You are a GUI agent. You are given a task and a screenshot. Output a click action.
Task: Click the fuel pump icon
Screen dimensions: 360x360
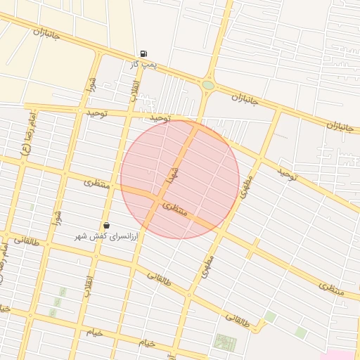(x=143, y=53)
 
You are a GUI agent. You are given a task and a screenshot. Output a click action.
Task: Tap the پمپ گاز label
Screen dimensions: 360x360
(x=143, y=64)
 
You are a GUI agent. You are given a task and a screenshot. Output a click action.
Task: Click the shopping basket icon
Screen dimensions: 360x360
(x=106, y=226)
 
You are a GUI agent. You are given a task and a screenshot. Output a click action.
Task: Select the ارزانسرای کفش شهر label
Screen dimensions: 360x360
(x=107, y=236)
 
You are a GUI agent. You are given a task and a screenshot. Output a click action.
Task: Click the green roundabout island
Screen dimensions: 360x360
(x=208, y=86)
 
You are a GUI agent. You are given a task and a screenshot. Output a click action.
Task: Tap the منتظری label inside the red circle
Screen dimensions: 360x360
(x=175, y=209)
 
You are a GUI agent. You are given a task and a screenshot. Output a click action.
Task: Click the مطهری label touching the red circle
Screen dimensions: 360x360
(x=245, y=185)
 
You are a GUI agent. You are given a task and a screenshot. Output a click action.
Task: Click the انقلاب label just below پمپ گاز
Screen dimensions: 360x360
(x=134, y=89)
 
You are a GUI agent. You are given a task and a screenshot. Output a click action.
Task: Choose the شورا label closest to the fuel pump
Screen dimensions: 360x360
(x=91, y=85)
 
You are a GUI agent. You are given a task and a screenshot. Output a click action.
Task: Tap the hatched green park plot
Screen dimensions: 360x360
(x=225, y=342)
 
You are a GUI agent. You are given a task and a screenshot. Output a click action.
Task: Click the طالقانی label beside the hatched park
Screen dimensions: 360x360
(x=238, y=319)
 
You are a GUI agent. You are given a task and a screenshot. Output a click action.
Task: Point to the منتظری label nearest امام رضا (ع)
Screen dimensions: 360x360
(x=97, y=183)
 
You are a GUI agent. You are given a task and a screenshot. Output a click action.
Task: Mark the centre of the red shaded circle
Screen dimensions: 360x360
(x=179, y=179)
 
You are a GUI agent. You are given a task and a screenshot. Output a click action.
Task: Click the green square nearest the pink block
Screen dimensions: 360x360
(x=301, y=333)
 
